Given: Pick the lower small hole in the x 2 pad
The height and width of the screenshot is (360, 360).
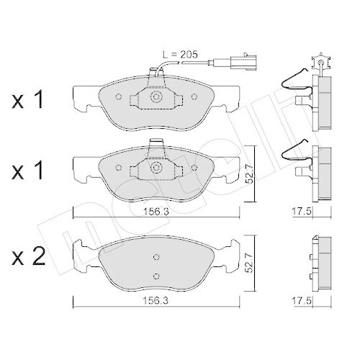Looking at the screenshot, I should pos(156,274).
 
